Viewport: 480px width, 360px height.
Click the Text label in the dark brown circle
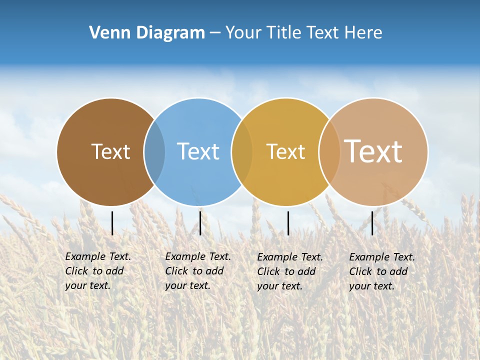(x=110, y=151)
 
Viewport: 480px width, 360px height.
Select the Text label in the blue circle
(x=198, y=151)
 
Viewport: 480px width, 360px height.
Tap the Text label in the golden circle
(x=285, y=151)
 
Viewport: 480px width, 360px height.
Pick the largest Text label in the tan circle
(x=373, y=151)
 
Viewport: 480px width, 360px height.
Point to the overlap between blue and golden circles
(x=242, y=152)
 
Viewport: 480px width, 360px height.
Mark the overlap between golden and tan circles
(x=329, y=152)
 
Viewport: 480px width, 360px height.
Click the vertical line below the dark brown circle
(x=112, y=223)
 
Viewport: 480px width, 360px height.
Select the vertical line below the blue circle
(x=200, y=223)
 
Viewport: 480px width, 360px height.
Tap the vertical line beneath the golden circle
(x=288, y=223)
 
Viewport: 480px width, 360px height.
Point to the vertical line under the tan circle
(x=372, y=223)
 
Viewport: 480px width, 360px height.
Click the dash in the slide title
(x=215, y=33)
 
